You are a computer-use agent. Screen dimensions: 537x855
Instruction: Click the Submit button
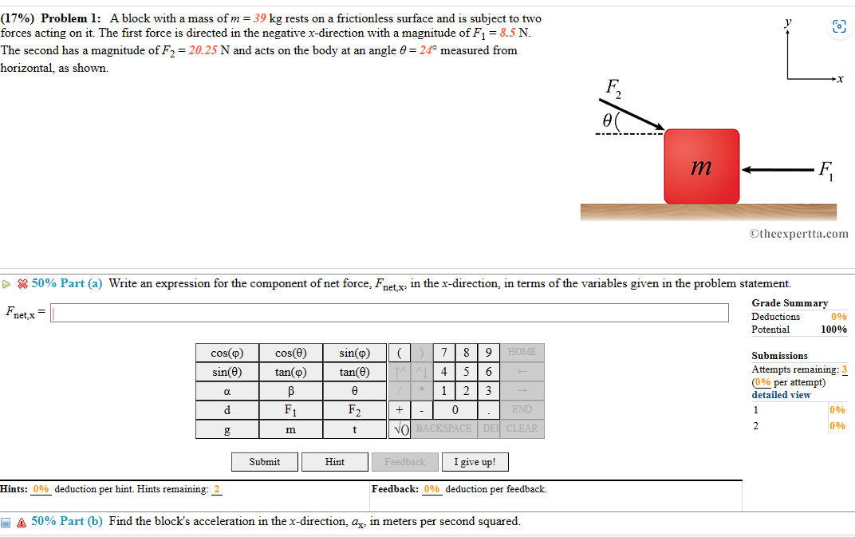(265, 462)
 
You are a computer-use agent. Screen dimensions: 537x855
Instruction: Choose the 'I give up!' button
(475, 462)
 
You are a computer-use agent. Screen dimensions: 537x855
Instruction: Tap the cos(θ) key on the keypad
(290, 353)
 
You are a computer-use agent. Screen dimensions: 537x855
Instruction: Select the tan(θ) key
(354, 372)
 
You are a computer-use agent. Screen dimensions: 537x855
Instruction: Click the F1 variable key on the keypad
(290, 410)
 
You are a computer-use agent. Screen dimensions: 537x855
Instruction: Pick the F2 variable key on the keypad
(354, 410)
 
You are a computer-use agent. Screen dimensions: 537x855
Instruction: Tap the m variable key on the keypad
(290, 429)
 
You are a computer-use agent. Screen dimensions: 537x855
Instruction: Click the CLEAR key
(522, 428)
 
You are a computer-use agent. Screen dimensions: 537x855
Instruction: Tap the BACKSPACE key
(444, 428)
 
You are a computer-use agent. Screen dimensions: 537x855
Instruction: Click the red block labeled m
(702, 166)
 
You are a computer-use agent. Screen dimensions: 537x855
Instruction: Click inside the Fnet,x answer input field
(390, 313)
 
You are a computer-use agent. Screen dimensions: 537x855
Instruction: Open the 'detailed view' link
(781, 395)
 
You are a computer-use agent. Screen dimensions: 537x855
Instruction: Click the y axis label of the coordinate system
(787, 25)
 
